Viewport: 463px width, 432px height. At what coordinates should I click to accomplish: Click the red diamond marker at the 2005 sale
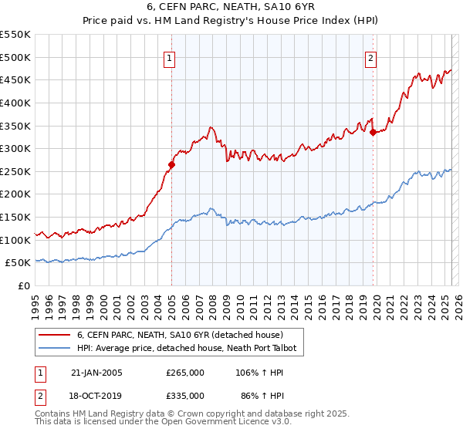(x=172, y=164)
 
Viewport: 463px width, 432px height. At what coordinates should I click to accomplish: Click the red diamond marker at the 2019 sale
(x=373, y=132)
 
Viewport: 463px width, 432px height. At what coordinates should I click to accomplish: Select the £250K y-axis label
(x=16, y=171)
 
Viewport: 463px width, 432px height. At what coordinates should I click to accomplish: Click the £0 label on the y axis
(x=24, y=286)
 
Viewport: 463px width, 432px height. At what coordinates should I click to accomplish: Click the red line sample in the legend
(x=55, y=335)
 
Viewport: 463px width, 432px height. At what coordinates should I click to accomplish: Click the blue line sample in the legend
(x=55, y=349)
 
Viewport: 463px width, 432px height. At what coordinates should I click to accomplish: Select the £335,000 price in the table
(x=185, y=395)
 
